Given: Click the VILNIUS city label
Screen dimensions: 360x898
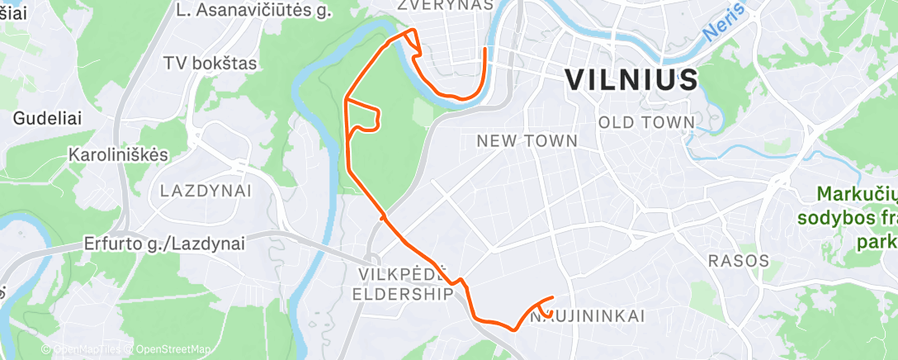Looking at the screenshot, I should click(x=631, y=80).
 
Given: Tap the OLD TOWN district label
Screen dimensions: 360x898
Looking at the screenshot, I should click(x=646, y=122).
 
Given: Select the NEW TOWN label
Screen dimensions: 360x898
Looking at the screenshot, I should click(x=527, y=141).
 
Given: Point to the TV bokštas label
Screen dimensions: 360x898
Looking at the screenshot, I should click(x=210, y=63).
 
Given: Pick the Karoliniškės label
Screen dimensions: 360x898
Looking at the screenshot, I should click(x=118, y=154).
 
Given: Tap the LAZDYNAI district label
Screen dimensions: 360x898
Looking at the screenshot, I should click(x=206, y=191).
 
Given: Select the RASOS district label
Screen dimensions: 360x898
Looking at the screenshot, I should click(x=739, y=261).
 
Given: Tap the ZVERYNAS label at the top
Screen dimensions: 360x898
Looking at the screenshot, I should click(x=445, y=5).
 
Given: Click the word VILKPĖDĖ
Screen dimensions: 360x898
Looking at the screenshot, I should click(x=403, y=274).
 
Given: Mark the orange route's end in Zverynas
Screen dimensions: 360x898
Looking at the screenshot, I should click(x=484, y=50).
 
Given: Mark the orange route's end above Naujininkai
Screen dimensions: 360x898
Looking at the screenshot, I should click(x=552, y=297).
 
